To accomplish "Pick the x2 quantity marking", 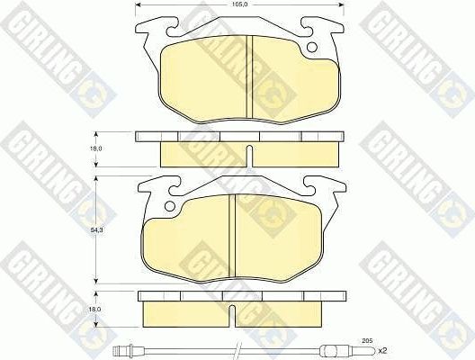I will coord(381,349).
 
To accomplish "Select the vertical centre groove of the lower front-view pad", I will coord(233,229).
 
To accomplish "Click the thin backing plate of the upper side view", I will coord(238,137).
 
